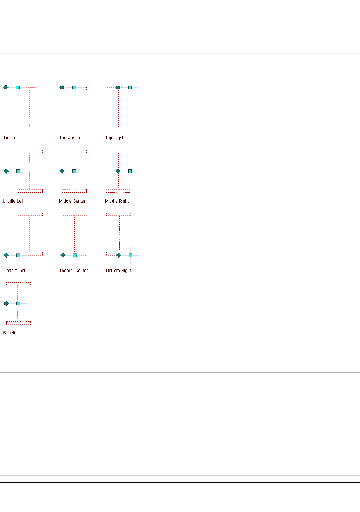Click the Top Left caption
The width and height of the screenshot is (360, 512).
[x=11, y=138]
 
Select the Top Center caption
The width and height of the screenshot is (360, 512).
[x=70, y=138]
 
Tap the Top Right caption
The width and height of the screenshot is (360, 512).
[x=114, y=138]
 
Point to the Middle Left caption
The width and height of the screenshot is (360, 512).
[x=14, y=201]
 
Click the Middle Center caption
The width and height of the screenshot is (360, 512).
[x=72, y=201]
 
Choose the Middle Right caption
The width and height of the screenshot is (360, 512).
[x=117, y=201]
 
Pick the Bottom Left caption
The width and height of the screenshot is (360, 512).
[x=14, y=270]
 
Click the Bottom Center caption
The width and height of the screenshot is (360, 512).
[x=74, y=270]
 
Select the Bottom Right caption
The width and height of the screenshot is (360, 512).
[x=118, y=270]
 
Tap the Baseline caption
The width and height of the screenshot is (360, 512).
[x=11, y=333]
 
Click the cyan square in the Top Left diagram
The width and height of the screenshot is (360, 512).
[x=18, y=87]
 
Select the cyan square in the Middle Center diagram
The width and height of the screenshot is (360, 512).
[x=74, y=171]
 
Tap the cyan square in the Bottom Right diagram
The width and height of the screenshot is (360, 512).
[x=131, y=255]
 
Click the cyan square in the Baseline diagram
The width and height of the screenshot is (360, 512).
[x=18, y=303]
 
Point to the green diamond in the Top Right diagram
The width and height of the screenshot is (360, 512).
[x=118, y=87]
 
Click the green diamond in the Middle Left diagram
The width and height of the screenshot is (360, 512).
[x=6, y=171]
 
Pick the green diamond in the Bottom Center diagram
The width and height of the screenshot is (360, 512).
[x=63, y=255]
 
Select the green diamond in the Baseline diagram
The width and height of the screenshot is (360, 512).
[x=6, y=303]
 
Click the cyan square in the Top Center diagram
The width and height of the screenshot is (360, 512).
[x=74, y=87]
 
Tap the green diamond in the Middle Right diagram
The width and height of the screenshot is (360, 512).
[x=118, y=171]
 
